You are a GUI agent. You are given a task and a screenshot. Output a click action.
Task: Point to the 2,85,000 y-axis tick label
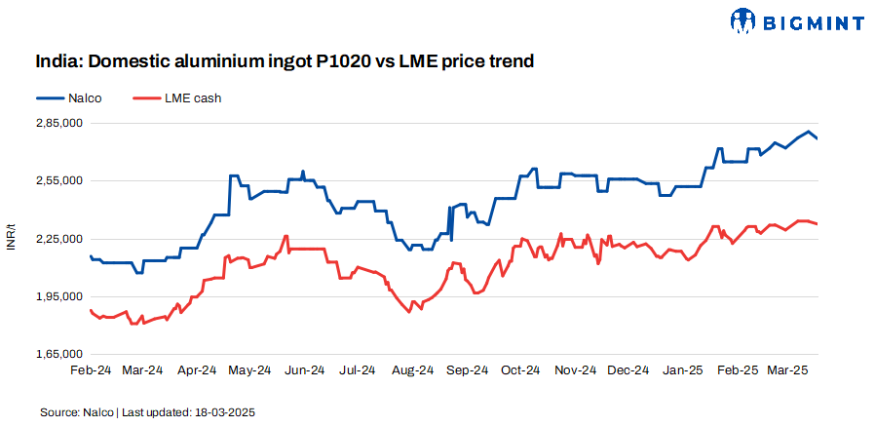[x=58, y=123]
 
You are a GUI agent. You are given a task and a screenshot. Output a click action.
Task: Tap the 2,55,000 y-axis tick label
[x=58, y=180]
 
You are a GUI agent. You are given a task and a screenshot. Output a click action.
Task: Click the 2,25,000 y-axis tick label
[x=58, y=238]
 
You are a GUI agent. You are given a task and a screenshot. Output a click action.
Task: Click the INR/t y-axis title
[x=12, y=238]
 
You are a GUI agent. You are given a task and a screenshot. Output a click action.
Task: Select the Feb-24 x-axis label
[x=90, y=370]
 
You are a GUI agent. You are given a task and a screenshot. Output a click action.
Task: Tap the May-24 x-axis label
[x=250, y=370]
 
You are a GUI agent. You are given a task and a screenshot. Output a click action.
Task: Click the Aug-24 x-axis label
[x=413, y=370]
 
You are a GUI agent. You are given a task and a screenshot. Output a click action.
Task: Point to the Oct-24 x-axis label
[x=521, y=370]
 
